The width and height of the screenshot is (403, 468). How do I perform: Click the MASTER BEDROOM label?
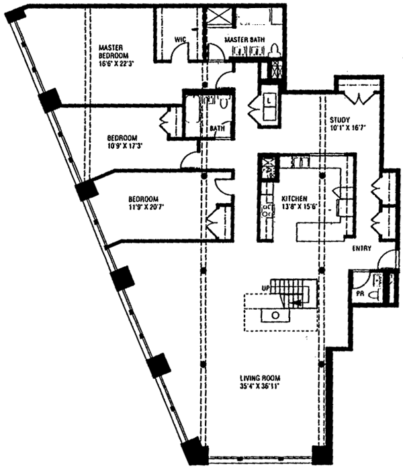[x=113, y=51]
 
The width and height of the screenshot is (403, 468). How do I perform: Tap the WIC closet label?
[x=179, y=40]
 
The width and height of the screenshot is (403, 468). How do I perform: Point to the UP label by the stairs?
[x=265, y=287]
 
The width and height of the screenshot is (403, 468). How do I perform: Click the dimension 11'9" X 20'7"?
[x=145, y=207]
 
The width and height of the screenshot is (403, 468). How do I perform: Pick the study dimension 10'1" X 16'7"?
[x=347, y=130]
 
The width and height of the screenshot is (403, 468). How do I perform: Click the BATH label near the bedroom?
[x=217, y=127]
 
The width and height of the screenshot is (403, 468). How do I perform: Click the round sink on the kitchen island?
[x=275, y=314]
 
